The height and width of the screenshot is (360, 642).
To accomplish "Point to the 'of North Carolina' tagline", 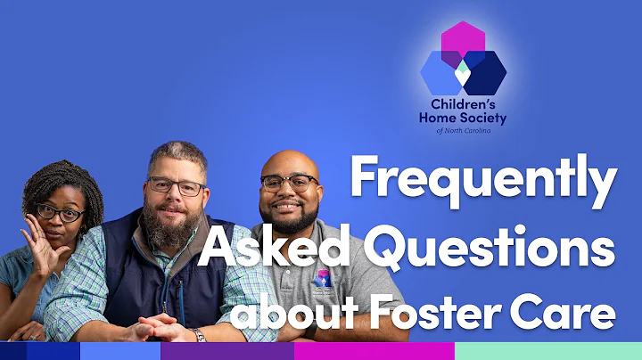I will [x=463, y=131].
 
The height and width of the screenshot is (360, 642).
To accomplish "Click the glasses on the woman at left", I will [x=60, y=213].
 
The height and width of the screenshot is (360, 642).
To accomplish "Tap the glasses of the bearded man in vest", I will [x=177, y=187].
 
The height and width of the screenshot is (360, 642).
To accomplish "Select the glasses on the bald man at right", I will [x=289, y=183].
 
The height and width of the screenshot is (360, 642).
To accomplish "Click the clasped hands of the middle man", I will [x=165, y=327].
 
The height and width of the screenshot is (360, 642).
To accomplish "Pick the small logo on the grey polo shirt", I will [x=324, y=280].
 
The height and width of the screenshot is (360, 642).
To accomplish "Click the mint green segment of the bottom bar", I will [x=547, y=350].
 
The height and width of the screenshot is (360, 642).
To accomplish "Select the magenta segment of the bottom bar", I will [x=374, y=350].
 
